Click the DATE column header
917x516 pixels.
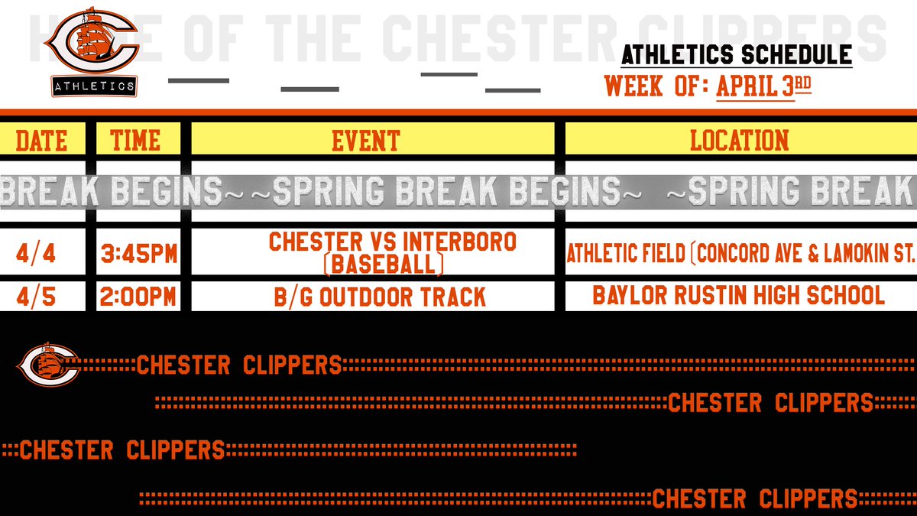pos(41,141)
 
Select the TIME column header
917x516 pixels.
pos(135,141)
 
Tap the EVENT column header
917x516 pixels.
pos(365,141)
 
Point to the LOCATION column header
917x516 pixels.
pos(739,141)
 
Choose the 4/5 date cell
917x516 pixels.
pos(41,296)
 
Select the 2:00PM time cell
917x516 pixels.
pos(139,297)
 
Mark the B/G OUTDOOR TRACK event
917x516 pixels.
pos(380,297)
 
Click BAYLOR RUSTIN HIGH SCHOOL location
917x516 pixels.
pos(738,296)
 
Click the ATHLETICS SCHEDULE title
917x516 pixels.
pos(736,55)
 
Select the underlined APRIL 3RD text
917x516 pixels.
pos(763,86)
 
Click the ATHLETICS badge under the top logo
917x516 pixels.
pos(94,86)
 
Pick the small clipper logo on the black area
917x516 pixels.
pos(50,363)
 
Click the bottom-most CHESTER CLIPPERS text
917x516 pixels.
pos(755,499)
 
